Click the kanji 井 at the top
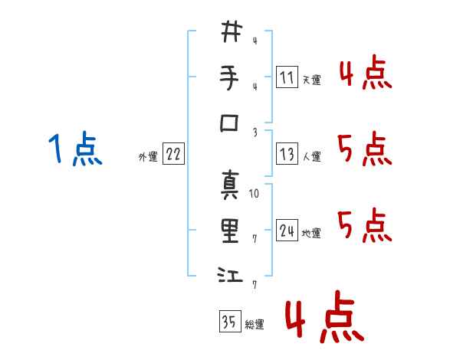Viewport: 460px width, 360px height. [x=232, y=31]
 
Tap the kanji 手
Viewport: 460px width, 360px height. [x=230, y=77]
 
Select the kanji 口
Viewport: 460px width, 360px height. [x=229, y=123]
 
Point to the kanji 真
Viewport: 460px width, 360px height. [x=230, y=185]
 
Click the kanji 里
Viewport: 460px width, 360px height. [x=230, y=231]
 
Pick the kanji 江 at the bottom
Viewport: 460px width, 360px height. [x=230, y=275]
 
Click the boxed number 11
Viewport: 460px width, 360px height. [x=287, y=77]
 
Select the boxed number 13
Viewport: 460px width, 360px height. [x=287, y=154]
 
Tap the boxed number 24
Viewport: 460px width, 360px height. [x=287, y=230]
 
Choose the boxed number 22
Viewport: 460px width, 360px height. [x=173, y=154]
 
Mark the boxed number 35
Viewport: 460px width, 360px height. [x=230, y=321]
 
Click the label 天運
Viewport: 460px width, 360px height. [x=311, y=80]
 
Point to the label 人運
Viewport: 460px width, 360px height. [x=311, y=156]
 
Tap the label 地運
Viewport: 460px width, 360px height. [x=311, y=234]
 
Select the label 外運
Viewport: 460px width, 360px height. [x=148, y=157]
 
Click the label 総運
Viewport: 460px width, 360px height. [x=255, y=325]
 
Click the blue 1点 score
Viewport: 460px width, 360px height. [x=75, y=149]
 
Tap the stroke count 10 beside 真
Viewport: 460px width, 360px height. [x=254, y=194]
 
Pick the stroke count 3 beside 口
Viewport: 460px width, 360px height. [x=255, y=133]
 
